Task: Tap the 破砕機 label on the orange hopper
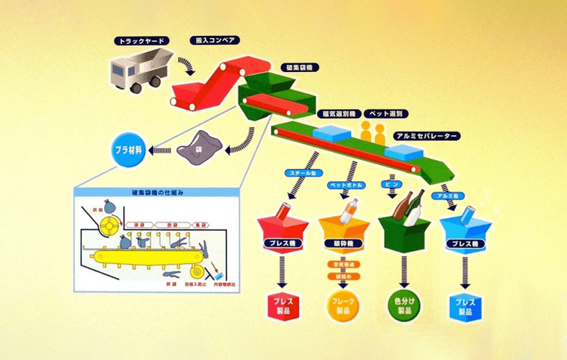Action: point(346,244)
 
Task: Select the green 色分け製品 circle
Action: point(404,307)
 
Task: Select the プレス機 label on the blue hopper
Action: point(464,244)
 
